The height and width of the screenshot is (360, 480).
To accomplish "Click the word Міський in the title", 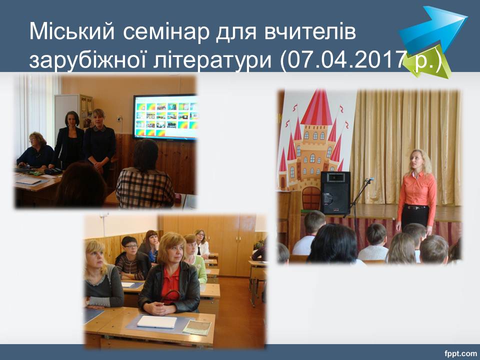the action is click(72, 31).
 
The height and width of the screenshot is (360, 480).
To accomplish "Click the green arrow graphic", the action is click(431, 63).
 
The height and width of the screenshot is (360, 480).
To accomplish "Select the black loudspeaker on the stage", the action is click(335, 193).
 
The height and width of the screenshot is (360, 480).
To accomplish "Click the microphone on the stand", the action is click(369, 179).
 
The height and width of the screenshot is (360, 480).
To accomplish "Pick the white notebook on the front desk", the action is click(156, 321).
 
